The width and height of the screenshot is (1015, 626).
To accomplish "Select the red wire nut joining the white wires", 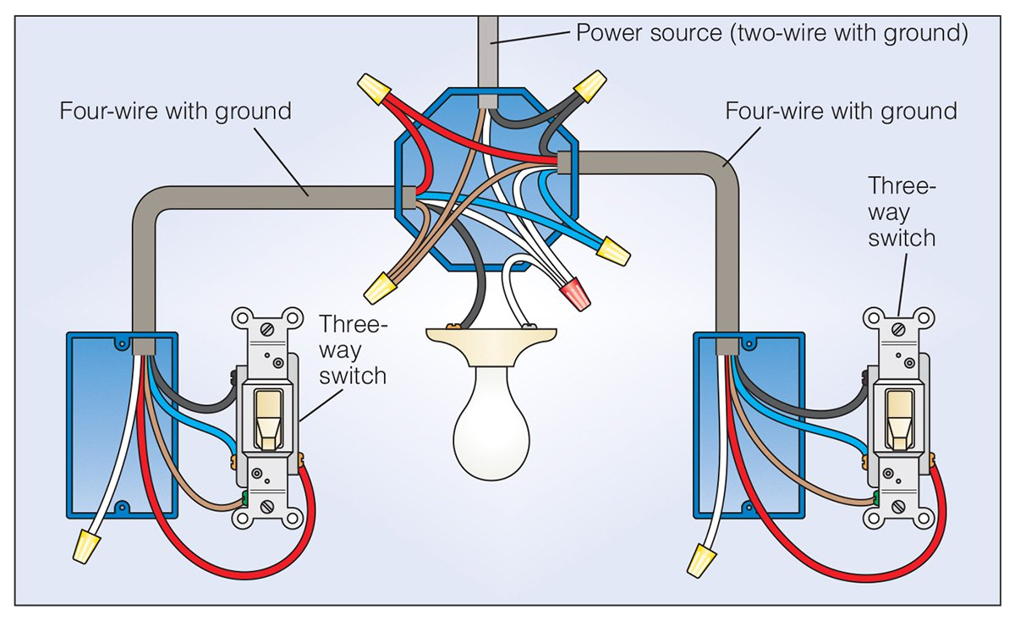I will pyautogui.click(x=575, y=293).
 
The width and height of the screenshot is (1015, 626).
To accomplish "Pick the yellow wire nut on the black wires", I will pyautogui.click(x=591, y=85).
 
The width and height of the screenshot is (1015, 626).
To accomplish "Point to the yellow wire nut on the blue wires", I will pyautogui.click(x=612, y=251).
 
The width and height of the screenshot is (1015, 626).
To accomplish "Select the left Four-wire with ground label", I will pyautogui.click(x=175, y=111).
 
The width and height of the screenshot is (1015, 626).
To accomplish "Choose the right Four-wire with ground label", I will pyautogui.click(x=841, y=111).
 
